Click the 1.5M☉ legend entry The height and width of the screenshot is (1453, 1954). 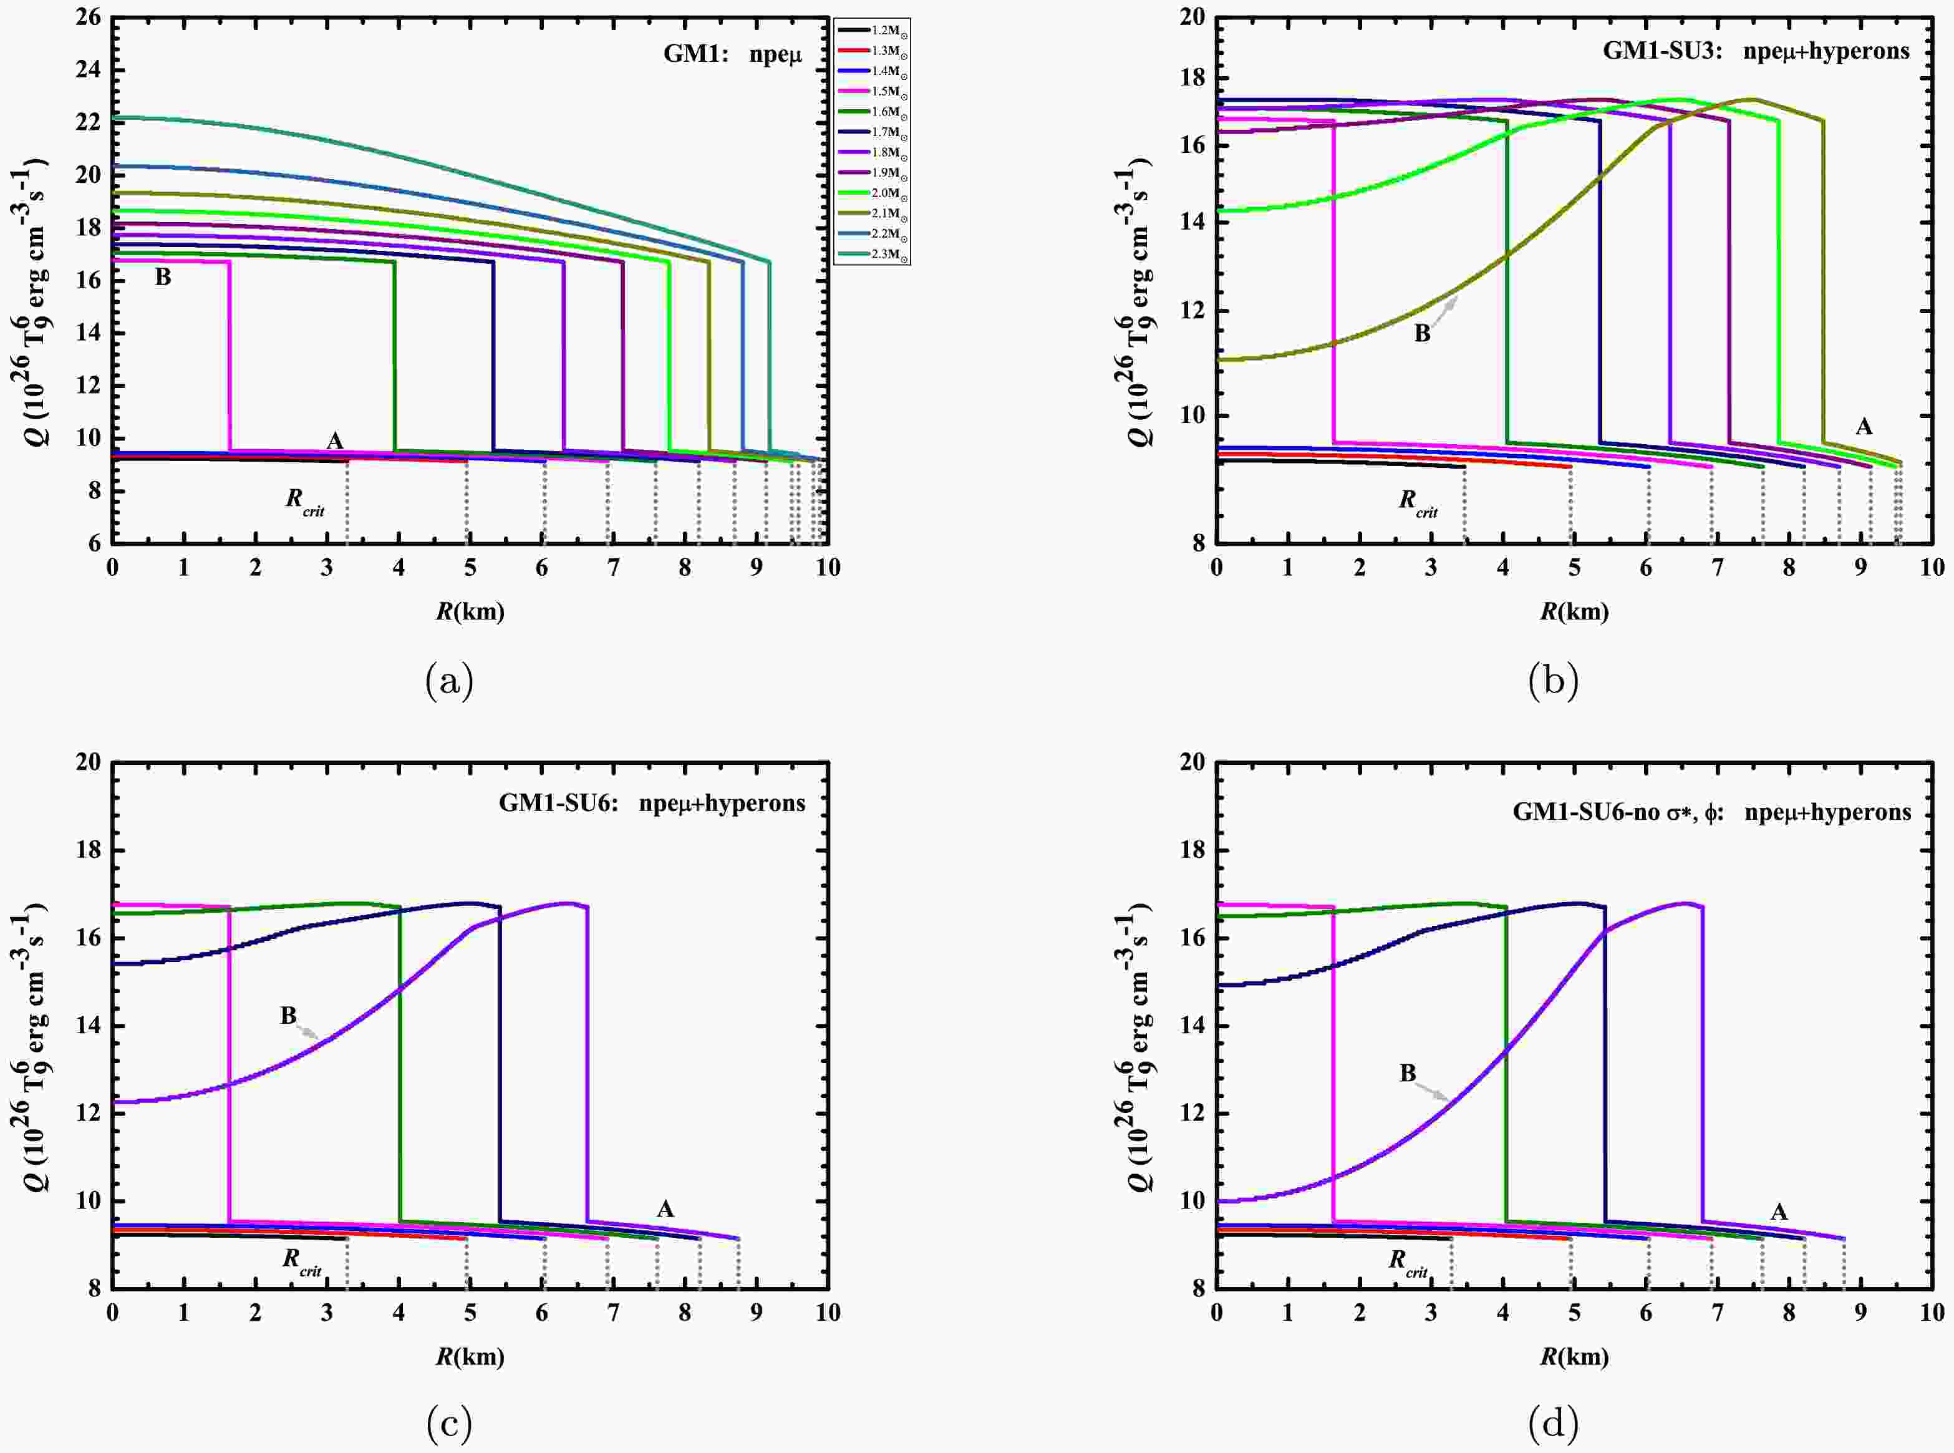coord(884,92)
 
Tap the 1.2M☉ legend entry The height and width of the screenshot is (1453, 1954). coord(884,30)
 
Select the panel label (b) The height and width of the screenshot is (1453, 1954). coord(1553,681)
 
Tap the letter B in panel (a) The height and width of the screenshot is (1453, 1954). coord(163,278)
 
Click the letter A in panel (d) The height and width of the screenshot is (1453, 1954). coord(1778,1213)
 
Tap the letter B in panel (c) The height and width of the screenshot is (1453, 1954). coord(288,1016)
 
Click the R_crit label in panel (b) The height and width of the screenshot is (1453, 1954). coord(1418,502)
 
